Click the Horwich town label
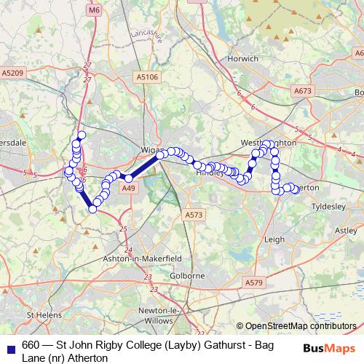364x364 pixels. (x=243, y=58)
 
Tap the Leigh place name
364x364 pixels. (x=274, y=238)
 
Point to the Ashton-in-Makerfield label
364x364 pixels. (x=143, y=258)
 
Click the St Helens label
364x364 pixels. (x=40, y=315)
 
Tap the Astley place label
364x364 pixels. (x=343, y=229)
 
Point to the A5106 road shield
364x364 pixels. (x=147, y=76)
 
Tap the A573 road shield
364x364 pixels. (x=194, y=215)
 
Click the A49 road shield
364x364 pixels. (x=129, y=189)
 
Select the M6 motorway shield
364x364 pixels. (x=94, y=10)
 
